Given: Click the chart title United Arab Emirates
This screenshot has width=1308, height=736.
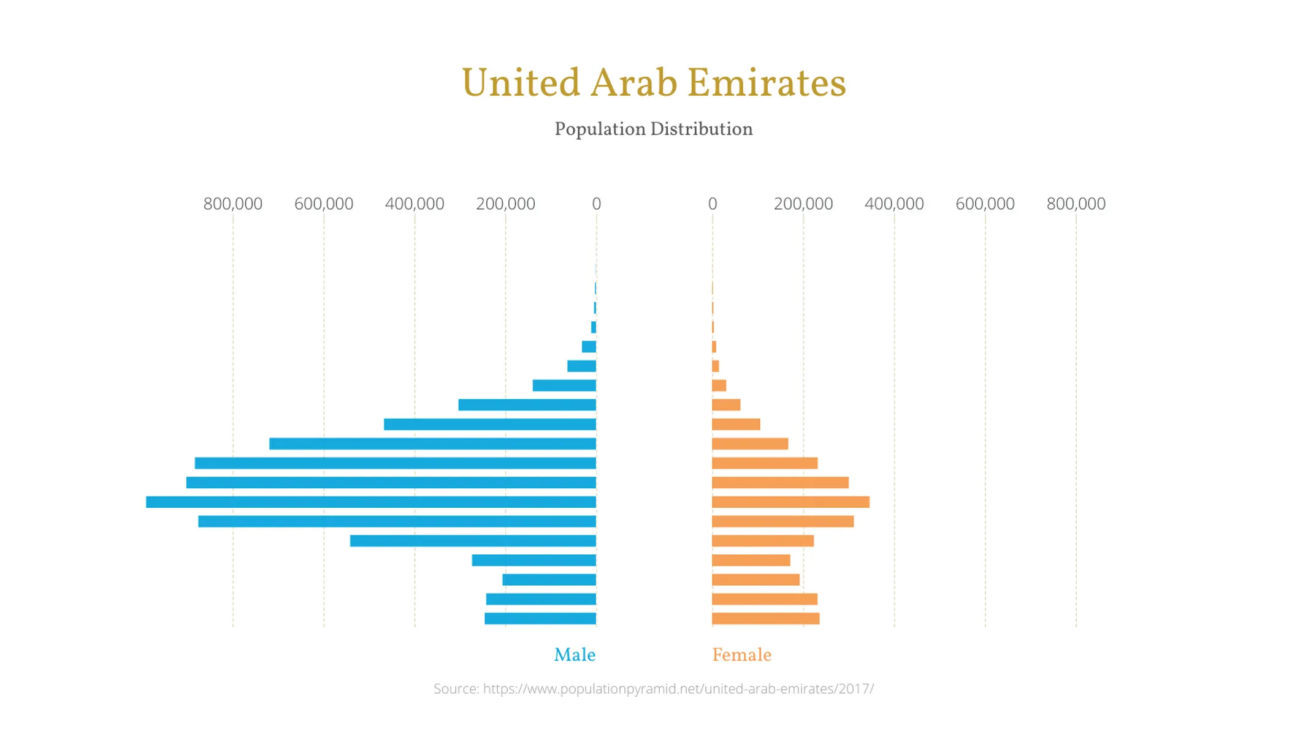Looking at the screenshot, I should point(654,83).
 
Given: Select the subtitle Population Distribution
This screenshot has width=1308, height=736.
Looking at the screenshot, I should point(654,129).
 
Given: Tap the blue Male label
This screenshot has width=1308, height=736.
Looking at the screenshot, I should point(575,655).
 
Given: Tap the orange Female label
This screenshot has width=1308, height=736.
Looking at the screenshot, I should point(741,655).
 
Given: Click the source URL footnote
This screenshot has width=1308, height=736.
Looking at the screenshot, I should point(654,689).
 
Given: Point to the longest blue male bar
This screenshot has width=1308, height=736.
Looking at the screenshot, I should point(371,502).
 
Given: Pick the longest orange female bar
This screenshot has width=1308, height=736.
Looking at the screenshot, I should point(790,502).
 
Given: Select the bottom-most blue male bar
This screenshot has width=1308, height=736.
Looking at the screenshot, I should point(540,618).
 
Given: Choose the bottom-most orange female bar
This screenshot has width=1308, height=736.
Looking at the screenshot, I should point(765,618).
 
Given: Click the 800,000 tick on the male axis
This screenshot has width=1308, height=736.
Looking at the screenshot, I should point(233,204).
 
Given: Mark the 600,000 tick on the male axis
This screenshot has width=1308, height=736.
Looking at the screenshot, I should point(324,204).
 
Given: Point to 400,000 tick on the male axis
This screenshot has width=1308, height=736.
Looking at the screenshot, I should point(415,204).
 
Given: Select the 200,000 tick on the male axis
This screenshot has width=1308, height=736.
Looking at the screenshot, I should point(505,204).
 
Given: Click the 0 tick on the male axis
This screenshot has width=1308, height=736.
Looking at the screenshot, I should point(596,204).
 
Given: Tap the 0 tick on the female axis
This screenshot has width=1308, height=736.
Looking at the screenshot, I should point(713,204).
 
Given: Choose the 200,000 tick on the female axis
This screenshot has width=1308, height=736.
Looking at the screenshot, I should point(803,204).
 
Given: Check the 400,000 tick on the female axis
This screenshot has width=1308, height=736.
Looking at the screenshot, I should point(894,204).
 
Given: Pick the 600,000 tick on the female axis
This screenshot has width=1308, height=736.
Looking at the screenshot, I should point(985,204).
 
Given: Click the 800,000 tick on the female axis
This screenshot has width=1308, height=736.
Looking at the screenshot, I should point(1076,204).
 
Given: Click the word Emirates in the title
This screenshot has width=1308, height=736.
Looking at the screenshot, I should point(767,83).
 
